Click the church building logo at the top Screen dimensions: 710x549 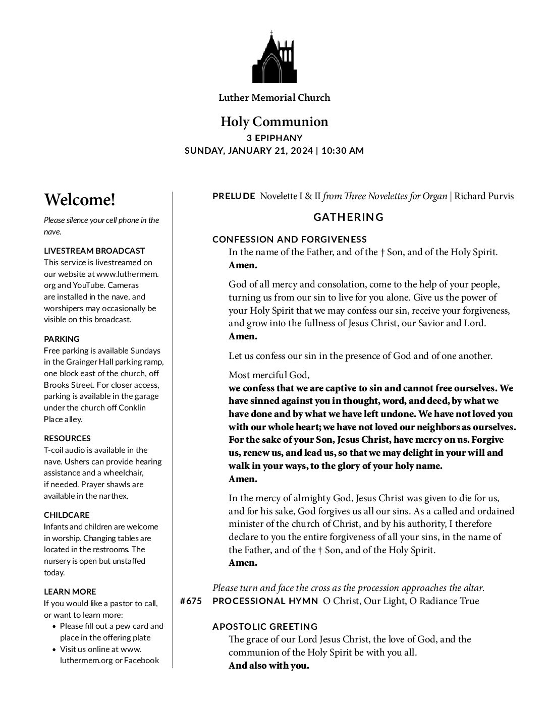(x=274, y=57)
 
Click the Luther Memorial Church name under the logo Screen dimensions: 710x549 (x=274, y=97)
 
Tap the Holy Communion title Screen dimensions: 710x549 (x=274, y=122)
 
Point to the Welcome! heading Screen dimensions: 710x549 (x=80, y=200)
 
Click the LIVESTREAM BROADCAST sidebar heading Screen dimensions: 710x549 (x=94, y=251)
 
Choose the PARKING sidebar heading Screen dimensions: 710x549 (x=62, y=339)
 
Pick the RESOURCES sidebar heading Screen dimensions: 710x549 (x=67, y=438)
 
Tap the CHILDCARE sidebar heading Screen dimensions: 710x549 (x=67, y=515)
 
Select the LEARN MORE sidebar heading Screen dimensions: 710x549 (x=70, y=591)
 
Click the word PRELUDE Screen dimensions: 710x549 (x=234, y=196)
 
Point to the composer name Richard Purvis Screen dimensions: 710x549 (x=484, y=196)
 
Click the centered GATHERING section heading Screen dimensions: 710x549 (x=349, y=217)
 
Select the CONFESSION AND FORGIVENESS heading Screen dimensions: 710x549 (x=290, y=240)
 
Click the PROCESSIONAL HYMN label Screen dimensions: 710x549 (x=265, y=601)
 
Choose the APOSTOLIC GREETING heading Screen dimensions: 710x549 (x=265, y=626)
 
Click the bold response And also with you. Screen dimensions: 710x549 (x=268, y=665)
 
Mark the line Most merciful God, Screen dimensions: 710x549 (x=269, y=375)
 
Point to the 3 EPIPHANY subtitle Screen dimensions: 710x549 (x=274, y=138)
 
